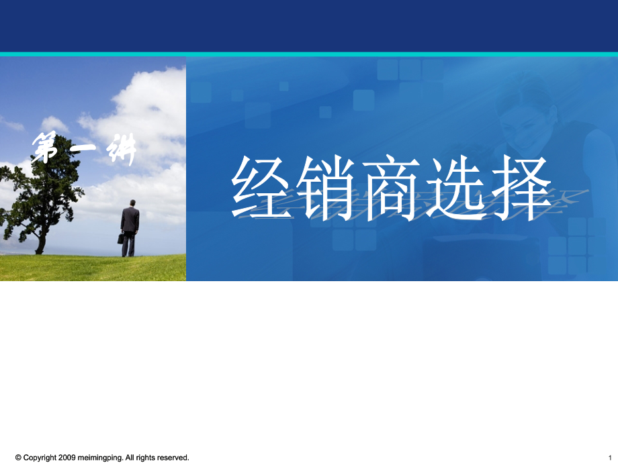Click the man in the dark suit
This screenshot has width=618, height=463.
(x=130, y=228)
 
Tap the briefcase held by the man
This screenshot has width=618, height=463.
(x=120, y=238)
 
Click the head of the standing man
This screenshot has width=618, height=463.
(x=132, y=203)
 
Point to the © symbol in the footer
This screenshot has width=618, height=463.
(x=18, y=458)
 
